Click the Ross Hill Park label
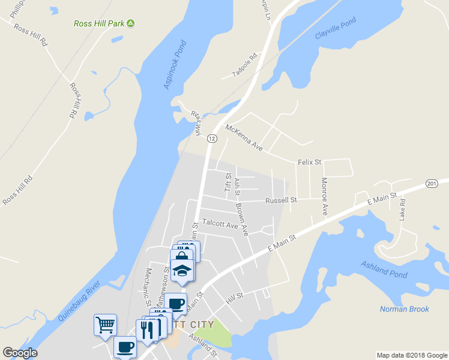coord(98,23)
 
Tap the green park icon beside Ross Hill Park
coord(130,23)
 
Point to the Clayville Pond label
coord(336,28)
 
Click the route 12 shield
coord(212,139)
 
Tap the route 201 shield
coord(430,183)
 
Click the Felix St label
coord(310,162)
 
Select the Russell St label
coord(281,200)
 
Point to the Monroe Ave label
coord(324,196)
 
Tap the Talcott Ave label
coord(220,223)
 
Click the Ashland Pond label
coord(384,269)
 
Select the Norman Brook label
coord(404,309)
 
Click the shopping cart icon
coord(105,325)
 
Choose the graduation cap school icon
coord(182,271)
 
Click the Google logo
coord(20,353)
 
